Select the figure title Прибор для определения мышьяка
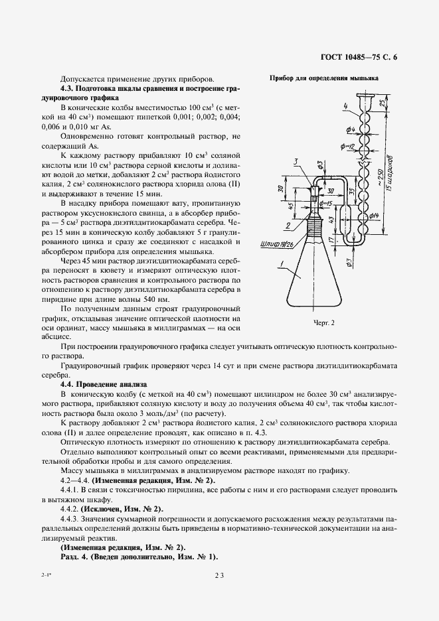point(323,78)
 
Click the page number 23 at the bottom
point(220,577)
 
